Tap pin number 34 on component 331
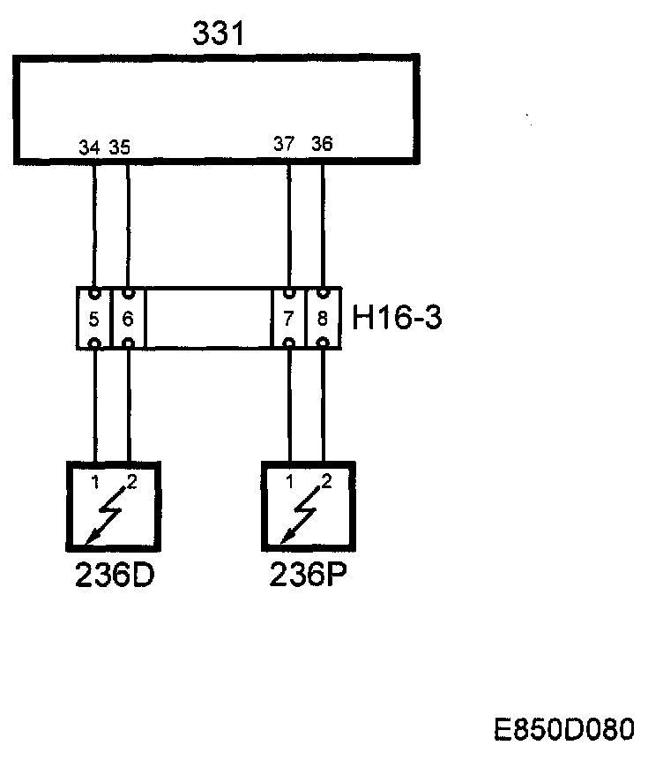pyautogui.click(x=88, y=147)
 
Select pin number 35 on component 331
pyautogui.click(x=120, y=147)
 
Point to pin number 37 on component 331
pyautogui.click(x=283, y=145)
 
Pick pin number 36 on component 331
pyautogui.click(x=322, y=144)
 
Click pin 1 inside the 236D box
pyautogui.click(x=94, y=481)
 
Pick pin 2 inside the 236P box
pyautogui.click(x=327, y=481)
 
